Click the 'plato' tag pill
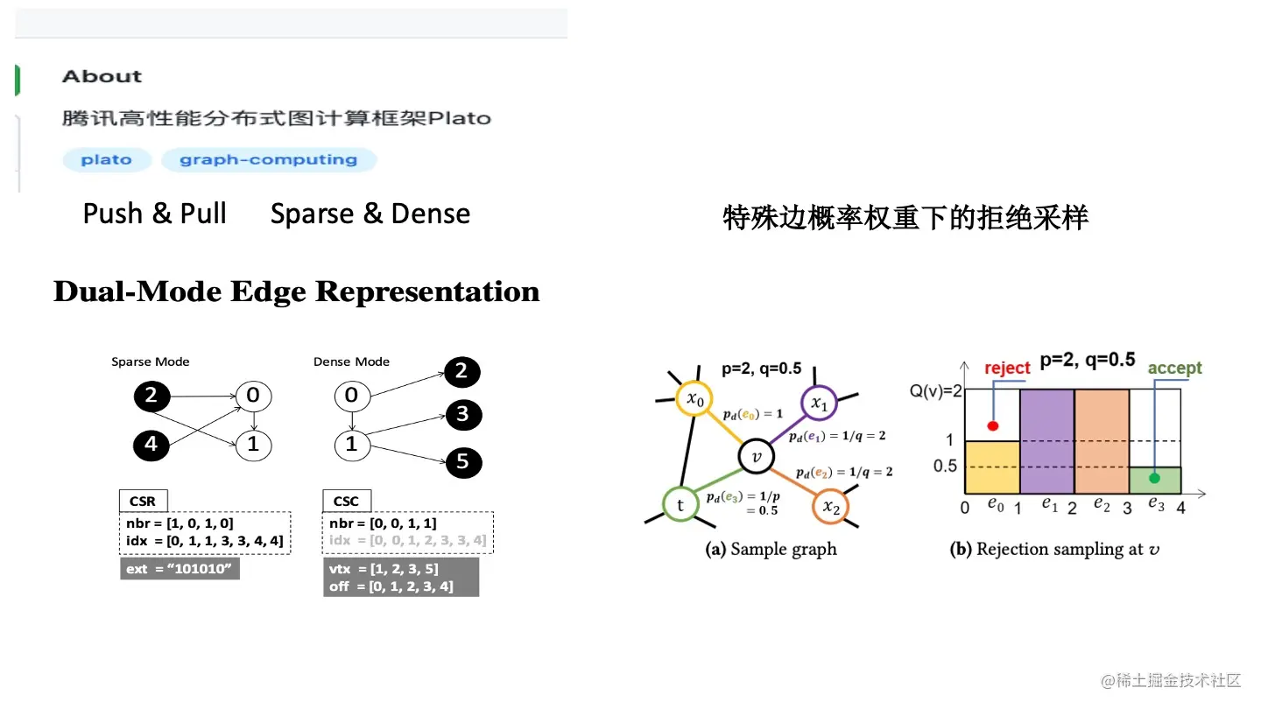107,160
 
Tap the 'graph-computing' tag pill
269,160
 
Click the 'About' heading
102,76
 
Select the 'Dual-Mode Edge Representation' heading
296,291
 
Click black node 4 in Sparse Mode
151,444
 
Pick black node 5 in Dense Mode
461,461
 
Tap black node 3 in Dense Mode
461,413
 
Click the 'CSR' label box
143,502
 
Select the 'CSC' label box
346,502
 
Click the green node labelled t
680,504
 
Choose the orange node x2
830,506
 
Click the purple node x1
819,403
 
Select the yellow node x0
694,399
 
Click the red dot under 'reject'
992,425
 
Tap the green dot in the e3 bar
1155,478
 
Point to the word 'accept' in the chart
1174,369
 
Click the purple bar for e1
1046,442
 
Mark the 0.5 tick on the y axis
945,467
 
